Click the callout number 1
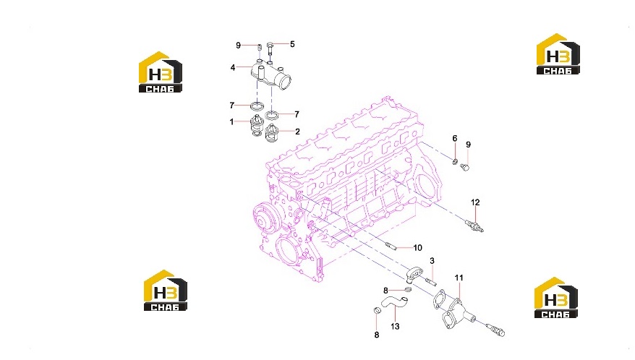231,121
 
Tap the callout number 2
298,131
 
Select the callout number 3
432,261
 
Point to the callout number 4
233,67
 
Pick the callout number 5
292,43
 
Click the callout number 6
455,139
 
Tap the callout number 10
417,247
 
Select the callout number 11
459,278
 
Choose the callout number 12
475,202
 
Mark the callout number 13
395,326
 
